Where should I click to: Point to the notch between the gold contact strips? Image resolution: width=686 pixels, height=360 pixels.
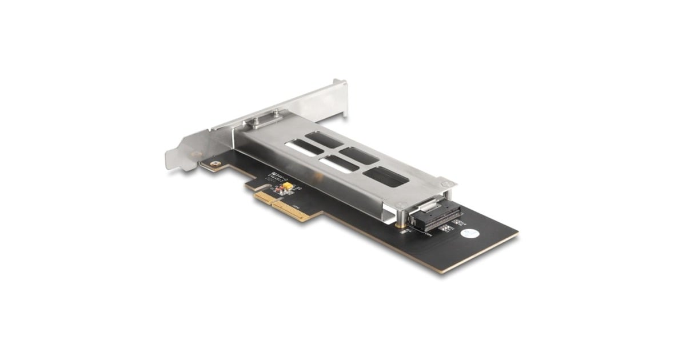(273, 203)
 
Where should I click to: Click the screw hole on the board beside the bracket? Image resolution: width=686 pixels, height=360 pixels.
(214, 165)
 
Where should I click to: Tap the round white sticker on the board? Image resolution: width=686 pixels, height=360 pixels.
(469, 234)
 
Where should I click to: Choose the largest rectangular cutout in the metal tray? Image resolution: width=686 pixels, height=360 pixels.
(386, 177)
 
